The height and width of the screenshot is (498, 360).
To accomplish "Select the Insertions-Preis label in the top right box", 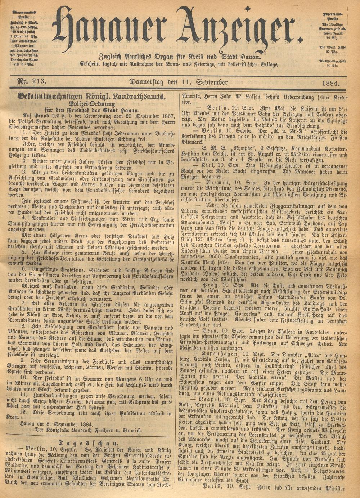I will click(335, 15).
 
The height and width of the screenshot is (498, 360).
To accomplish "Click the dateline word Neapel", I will click(217, 400).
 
